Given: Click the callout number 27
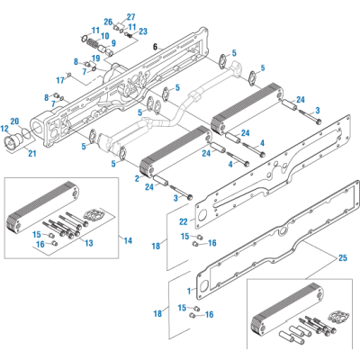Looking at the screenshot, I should click(130, 17).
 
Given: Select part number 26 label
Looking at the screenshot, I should click(108, 22).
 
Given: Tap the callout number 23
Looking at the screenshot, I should click(142, 31).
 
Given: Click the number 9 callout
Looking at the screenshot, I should click(113, 42).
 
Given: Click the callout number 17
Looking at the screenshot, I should click(60, 79).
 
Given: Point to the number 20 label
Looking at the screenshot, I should click(14, 120).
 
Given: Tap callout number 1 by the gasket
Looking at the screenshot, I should click(188, 291).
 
